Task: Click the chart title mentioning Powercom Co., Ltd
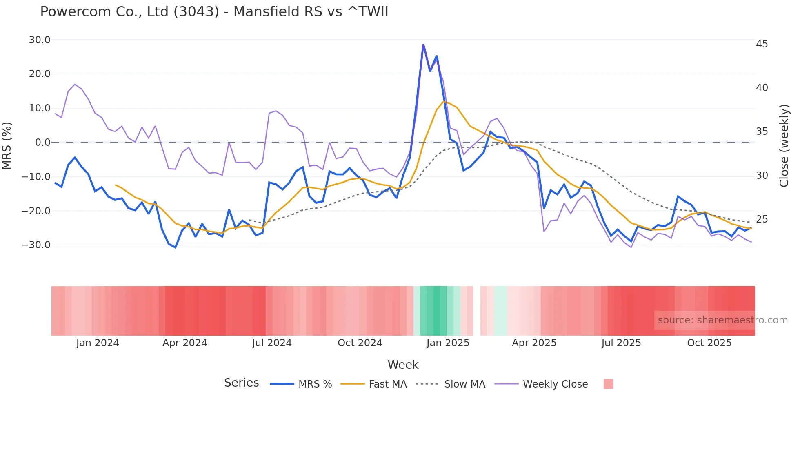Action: [x=214, y=11]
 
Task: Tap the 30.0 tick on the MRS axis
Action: [x=40, y=40]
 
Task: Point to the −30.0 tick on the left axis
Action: [x=36, y=245]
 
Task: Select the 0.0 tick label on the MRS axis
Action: [x=42, y=143]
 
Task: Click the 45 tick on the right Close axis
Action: [x=762, y=44]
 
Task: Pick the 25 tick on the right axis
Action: [x=762, y=219]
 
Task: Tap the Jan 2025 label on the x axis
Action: [x=448, y=343]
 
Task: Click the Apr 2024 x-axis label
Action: [x=184, y=343]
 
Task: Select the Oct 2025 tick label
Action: [x=709, y=343]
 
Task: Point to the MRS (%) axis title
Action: [x=7, y=145]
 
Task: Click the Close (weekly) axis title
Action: [x=784, y=146]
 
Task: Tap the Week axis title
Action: [x=403, y=365]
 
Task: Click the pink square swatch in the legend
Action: [x=608, y=384]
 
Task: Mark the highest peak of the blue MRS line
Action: [x=423, y=44]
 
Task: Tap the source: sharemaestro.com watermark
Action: [x=722, y=320]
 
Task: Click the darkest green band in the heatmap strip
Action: [x=437, y=311]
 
